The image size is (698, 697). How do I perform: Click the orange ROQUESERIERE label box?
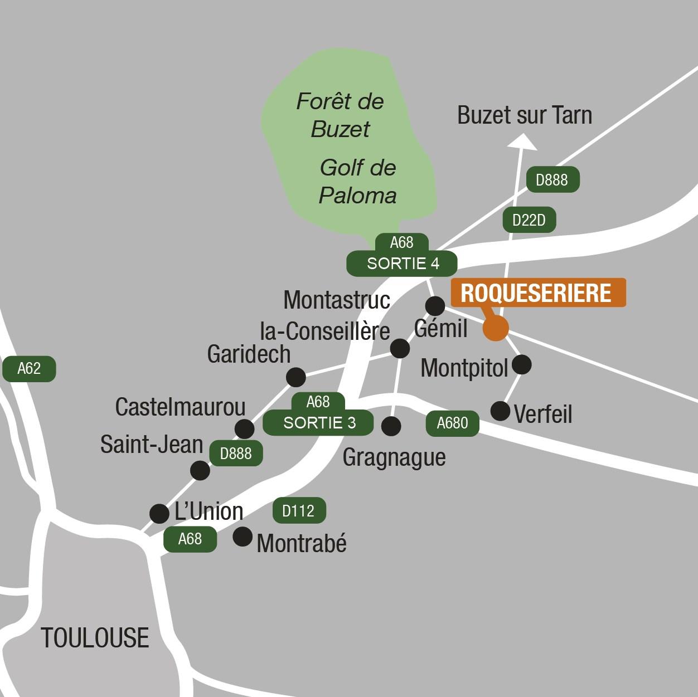pos(538,293)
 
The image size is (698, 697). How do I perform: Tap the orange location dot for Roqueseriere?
pos(496,328)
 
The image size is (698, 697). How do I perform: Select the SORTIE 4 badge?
pos(402,264)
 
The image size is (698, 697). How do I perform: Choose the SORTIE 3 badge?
pos(318,423)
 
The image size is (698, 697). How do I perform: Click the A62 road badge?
pos(29,369)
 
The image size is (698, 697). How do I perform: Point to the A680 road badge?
pos(452,423)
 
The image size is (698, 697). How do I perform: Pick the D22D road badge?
pos(529,221)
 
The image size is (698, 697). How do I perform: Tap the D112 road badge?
pos(299,510)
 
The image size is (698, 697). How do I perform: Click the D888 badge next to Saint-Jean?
pos(236,454)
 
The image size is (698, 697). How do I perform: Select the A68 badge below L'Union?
pos(190,539)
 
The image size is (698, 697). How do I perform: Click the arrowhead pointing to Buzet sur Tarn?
pos(522,143)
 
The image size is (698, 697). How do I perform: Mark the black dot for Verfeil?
pos(500,411)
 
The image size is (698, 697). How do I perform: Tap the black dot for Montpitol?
pos(521,364)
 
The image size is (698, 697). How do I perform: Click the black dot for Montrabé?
pos(242,537)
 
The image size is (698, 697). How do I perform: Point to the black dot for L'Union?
pos(159,513)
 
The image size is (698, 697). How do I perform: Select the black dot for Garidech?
pos(295,377)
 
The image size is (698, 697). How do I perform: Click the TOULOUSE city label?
pos(95,638)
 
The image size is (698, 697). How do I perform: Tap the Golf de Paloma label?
pos(357,181)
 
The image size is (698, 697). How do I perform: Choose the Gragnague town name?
pos(394,457)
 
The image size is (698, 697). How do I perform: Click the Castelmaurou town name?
pos(180,407)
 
